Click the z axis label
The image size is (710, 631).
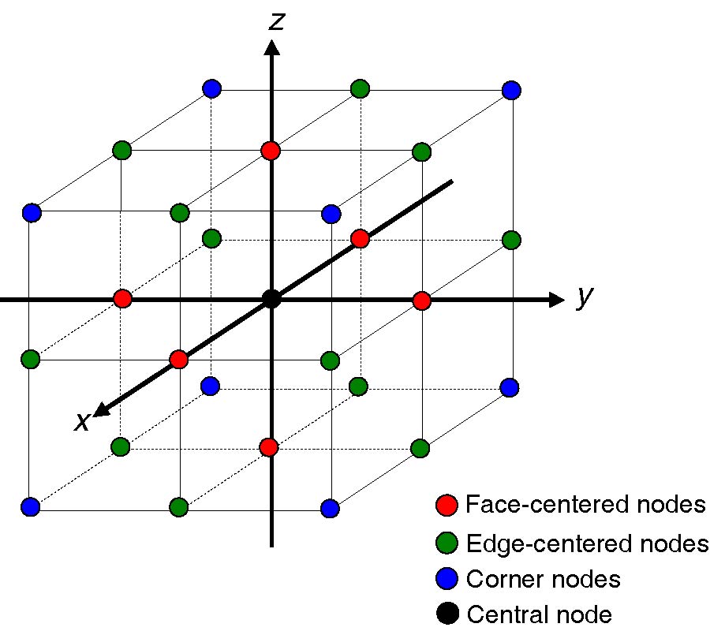coord(276,20)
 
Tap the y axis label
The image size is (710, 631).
coord(584,298)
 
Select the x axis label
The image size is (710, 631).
coord(82,422)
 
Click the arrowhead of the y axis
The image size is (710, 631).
coord(556,300)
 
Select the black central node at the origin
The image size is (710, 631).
coord(271,300)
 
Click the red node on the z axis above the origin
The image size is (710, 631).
coord(271,150)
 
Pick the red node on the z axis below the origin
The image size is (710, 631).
coord(269,447)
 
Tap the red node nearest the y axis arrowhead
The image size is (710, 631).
coord(421,301)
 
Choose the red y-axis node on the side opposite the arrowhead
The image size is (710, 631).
coord(122,299)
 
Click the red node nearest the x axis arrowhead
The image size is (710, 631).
coord(178,360)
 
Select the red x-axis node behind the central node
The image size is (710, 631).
coord(360,238)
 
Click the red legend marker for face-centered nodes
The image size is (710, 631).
coord(447,505)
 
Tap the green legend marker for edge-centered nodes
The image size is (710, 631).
coord(447,543)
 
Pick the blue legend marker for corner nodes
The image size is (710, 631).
coord(447,580)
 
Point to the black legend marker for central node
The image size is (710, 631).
coord(447,614)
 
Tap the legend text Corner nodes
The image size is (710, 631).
coord(544,580)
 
